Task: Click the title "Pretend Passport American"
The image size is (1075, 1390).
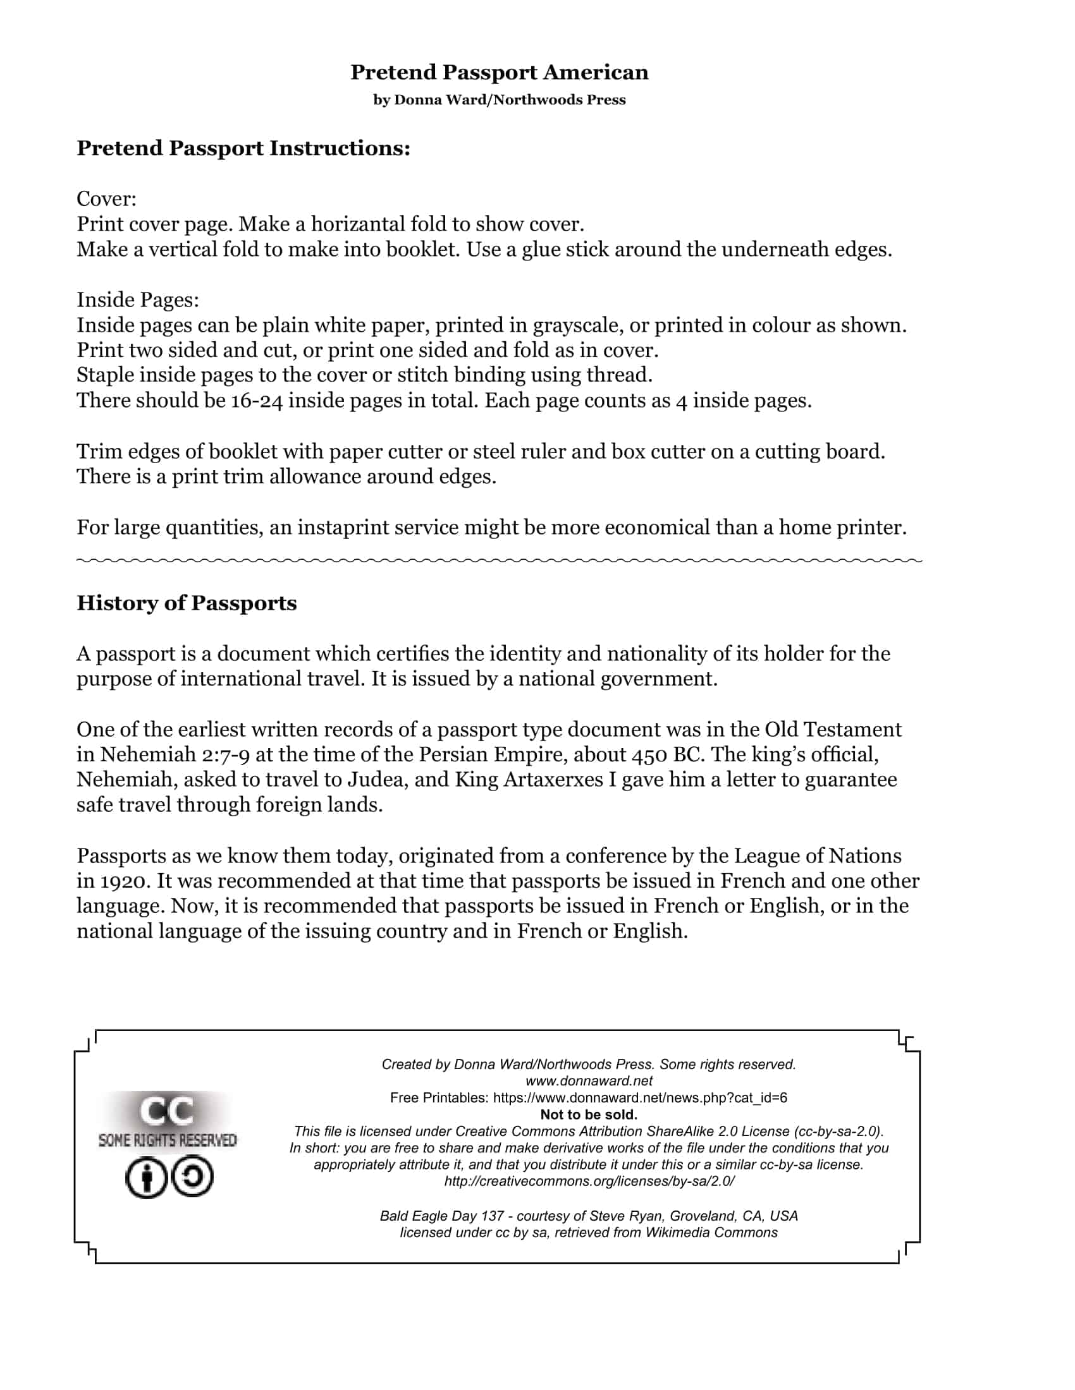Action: click(500, 73)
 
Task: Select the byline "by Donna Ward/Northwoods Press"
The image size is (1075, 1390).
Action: click(500, 100)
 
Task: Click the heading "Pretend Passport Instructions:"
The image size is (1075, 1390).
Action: click(243, 148)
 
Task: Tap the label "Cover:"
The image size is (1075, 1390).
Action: click(106, 199)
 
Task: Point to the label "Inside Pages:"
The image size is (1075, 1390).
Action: click(138, 299)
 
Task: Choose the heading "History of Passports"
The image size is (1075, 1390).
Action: click(187, 603)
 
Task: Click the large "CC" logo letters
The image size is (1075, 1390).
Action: click(167, 1111)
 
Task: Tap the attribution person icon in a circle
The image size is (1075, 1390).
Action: click(146, 1178)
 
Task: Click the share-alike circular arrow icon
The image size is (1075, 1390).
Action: click(192, 1177)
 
